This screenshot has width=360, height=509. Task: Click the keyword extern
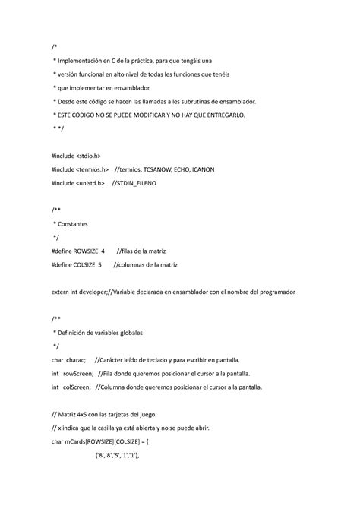(62, 292)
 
